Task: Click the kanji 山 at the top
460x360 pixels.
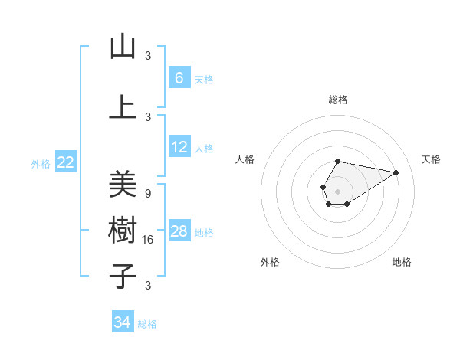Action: point(123,47)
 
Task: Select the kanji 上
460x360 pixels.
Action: point(123,108)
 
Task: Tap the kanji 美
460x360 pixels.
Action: point(123,185)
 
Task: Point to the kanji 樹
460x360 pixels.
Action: point(123,231)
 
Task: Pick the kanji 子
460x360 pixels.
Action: point(123,277)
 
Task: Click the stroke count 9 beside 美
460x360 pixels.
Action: point(148,193)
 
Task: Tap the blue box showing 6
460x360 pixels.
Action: point(179,77)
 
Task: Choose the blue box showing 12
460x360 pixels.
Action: point(179,147)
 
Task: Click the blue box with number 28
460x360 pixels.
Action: point(179,231)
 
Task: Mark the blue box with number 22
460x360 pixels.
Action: point(65,162)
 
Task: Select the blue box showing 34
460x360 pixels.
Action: point(122,322)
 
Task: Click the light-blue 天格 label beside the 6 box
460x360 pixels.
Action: point(204,79)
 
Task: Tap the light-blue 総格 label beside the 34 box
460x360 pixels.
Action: point(148,324)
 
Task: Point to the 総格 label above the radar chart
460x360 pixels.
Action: point(338,100)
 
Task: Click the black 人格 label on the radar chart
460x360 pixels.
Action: point(245,159)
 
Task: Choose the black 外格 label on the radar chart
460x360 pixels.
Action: point(270,262)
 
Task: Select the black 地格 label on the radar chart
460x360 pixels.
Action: point(402,262)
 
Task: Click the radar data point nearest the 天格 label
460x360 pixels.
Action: point(396,172)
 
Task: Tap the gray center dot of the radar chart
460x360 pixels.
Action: point(337,191)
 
